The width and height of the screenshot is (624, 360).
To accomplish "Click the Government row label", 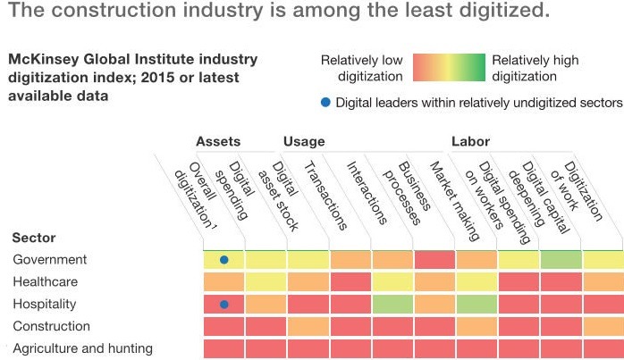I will click(x=49, y=260).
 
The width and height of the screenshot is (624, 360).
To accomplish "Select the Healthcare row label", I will click(x=46, y=281).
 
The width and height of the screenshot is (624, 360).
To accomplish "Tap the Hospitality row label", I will click(x=45, y=304).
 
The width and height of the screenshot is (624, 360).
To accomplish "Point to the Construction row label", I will click(x=51, y=326).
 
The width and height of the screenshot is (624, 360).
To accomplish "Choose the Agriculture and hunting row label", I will click(x=82, y=348).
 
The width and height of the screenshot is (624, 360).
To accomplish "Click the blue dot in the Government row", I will click(x=224, y=260).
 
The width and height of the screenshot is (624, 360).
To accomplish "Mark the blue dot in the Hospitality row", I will click(x=224, y=304).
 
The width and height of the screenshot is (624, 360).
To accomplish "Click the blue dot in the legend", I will click(x=325, y=103).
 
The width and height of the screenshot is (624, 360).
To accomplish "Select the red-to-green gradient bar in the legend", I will click(x=448, y=68).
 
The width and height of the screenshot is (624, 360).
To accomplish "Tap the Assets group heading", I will click(x=218, y=141).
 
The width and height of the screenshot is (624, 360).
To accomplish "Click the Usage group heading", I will click(x=304, y=141).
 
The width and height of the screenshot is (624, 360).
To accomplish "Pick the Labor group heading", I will click(x=470, y=141).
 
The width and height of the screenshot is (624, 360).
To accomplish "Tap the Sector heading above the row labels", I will click(x=34, y=238).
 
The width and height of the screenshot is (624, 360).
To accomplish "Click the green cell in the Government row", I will click(x=561, y=260).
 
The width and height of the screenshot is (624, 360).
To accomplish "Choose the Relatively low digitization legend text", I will click(x=362, y=68).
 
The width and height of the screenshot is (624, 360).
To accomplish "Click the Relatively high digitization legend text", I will click(x=535, y=68).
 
